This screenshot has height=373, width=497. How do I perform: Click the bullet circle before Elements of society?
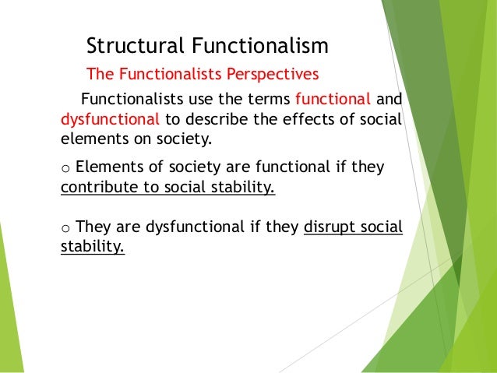[x=65, y=169]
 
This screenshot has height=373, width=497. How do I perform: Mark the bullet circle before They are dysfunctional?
[x=65, y=228]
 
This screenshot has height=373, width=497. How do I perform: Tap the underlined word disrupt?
[x=329, y=227]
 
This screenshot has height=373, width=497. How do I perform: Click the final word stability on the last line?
[x=92, y=248]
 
